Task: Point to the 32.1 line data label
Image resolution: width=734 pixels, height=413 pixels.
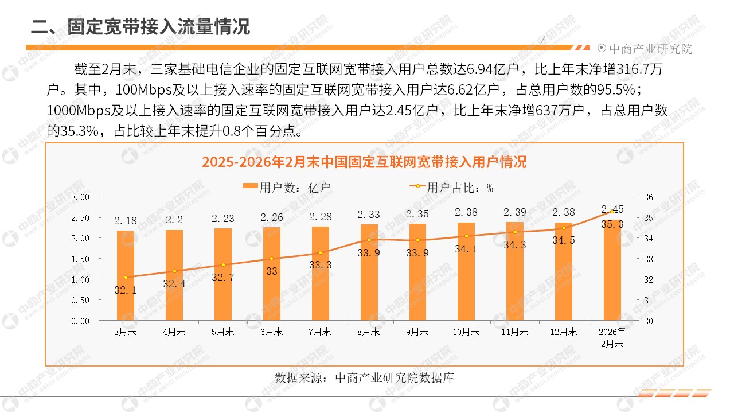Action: (126, 290)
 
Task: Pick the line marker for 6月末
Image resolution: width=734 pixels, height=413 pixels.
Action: (272, 259)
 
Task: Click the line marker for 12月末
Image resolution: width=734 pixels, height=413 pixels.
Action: (564, 228)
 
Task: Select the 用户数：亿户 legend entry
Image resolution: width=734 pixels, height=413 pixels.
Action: (286, 188)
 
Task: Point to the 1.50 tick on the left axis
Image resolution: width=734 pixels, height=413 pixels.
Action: (81, 259)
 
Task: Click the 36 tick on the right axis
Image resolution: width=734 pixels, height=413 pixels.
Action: (649, 197)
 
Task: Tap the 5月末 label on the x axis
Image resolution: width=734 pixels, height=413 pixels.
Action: (223, 332)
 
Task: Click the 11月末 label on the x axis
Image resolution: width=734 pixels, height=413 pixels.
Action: (515, 332)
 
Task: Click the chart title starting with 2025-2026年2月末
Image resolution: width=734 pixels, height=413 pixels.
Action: (364, 162)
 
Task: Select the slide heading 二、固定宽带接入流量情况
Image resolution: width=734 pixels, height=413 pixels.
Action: (141, 26)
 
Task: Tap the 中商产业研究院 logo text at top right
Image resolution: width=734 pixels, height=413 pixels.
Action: (650, 49)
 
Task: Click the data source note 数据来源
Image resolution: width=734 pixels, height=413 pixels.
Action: (364, 378)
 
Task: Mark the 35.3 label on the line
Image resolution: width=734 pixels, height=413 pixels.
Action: (612, 224)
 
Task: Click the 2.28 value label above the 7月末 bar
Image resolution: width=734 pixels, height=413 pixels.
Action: (321, 217)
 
